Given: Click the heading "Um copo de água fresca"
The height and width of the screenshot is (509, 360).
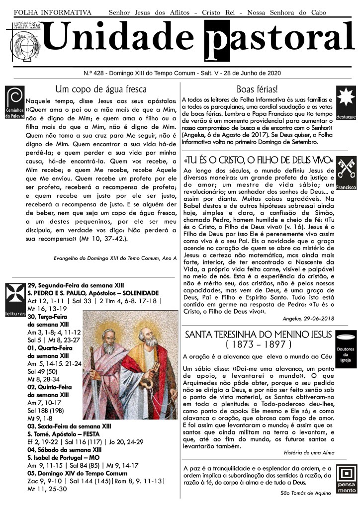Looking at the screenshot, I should pos(101,89).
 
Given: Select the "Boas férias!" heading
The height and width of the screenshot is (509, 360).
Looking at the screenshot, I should pos(257,89).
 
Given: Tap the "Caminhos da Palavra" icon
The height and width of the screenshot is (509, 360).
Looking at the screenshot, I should pos(14,102).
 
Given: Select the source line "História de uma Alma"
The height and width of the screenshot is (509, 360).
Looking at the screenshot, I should pos(309,453).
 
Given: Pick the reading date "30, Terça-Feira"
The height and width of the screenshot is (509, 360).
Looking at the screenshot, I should pos(49,316).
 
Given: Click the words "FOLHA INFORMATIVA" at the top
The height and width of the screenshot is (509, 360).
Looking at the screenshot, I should pos(52,12).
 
